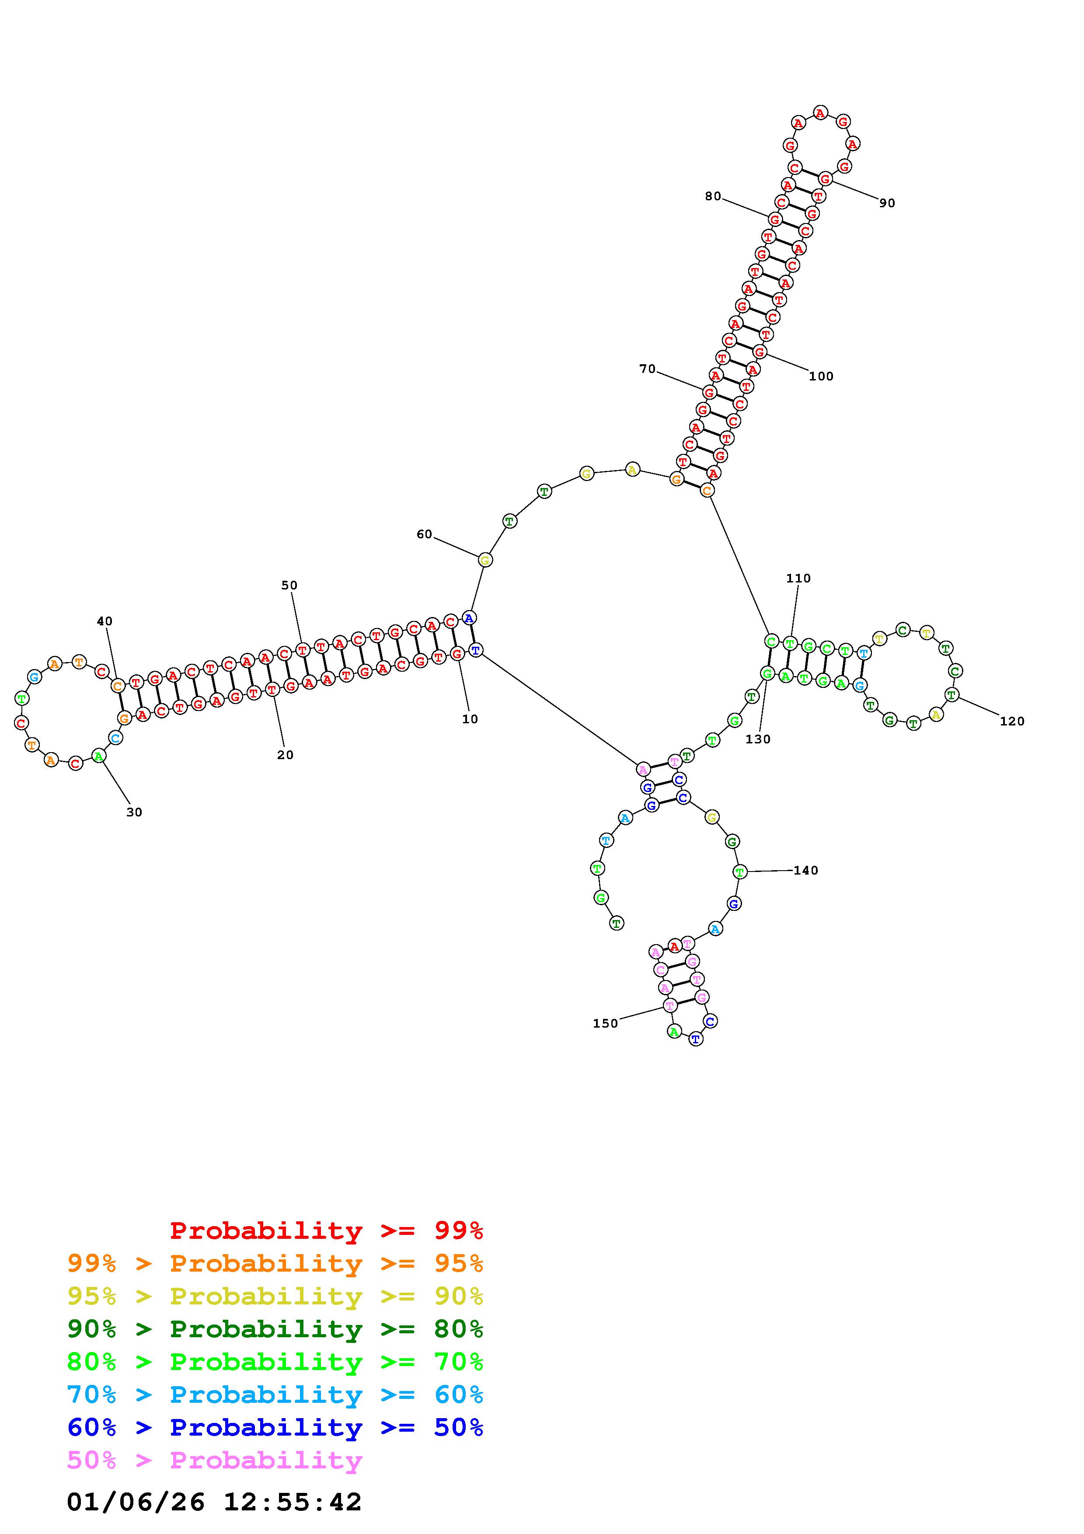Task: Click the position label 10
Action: click(470, 719)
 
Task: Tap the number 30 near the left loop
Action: click(134, 812)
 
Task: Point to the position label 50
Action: click(289, 585)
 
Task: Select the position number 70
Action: click(647, 369)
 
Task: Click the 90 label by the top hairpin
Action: click(887, 203)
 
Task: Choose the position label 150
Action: click(605, 1024)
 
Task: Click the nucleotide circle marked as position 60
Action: click(485, 560)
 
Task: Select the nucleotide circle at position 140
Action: click(739, 871)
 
